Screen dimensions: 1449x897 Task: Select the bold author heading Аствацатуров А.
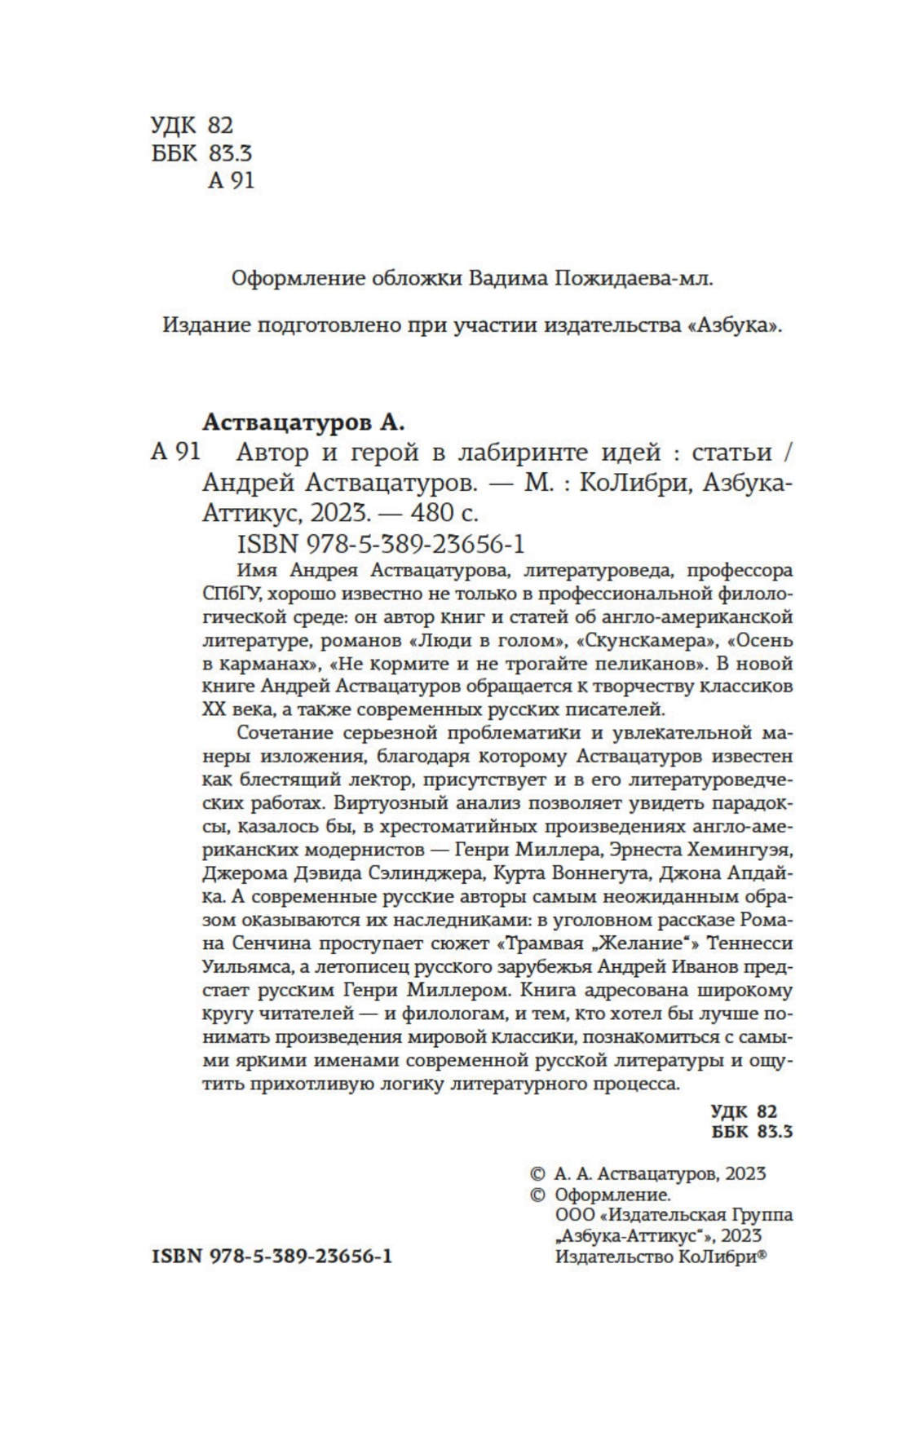click(x=303, y=423)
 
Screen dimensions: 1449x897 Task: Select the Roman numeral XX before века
click(x=213, y=708)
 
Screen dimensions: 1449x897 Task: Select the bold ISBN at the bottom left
click(x=272, y=1257)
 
